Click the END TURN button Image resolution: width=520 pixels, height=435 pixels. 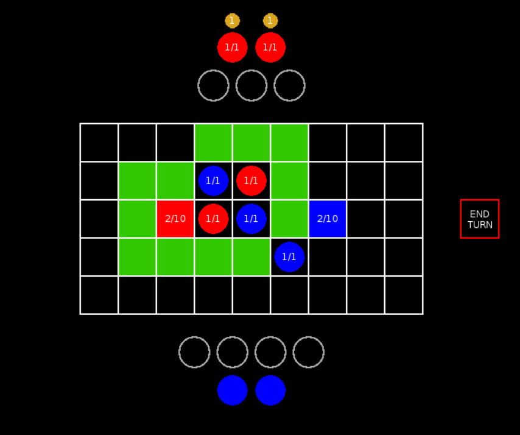(479, 219)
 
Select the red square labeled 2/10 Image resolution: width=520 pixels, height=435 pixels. (175, 219)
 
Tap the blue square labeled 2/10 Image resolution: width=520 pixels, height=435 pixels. (328, 219)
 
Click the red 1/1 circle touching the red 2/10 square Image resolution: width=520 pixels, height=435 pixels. (213, 219)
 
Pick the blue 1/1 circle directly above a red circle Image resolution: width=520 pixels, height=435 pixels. (213, 180)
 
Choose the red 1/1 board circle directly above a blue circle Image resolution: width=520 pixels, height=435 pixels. (251, 180)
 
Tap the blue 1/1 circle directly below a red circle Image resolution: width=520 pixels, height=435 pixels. (251, 219)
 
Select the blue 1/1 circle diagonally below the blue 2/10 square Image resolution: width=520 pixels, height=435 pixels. (289, 256)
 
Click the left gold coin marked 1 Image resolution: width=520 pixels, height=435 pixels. (232, 21)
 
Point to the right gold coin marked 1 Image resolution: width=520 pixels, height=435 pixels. (270, 21)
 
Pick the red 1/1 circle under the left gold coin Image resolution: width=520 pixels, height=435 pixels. (232, 48)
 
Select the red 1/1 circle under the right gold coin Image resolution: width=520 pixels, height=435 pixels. (270, 48)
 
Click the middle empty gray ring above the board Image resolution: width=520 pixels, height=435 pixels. (251, 85)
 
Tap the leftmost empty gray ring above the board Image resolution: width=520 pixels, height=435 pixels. (213, 85)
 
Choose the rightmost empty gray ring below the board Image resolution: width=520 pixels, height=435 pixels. (309, 352)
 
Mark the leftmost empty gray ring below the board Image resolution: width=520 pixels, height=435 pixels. (194, 352)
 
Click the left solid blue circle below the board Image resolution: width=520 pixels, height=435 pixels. (232, 390)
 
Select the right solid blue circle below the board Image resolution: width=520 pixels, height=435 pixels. (270, 390)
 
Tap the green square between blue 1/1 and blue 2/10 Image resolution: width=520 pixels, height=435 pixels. (289, 219)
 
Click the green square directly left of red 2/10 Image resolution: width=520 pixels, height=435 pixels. (137, 219)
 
